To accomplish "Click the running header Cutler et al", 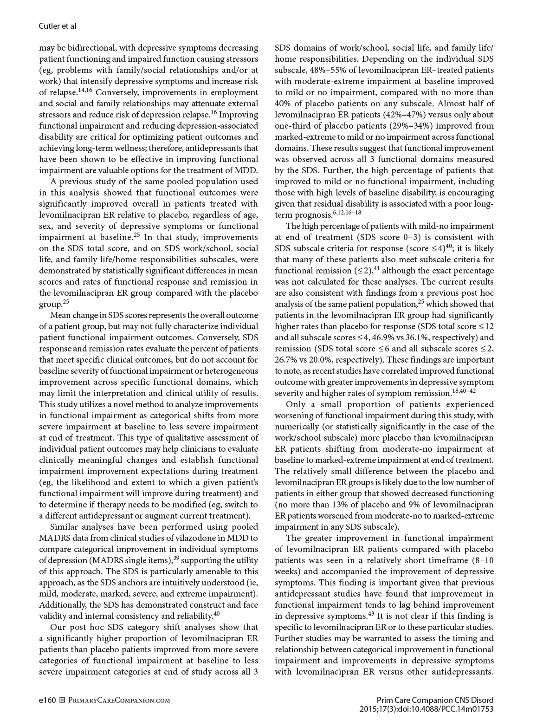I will [x=57, y=26].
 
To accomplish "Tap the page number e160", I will [x=47, y=700].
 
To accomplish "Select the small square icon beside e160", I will [x=63, y=700].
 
